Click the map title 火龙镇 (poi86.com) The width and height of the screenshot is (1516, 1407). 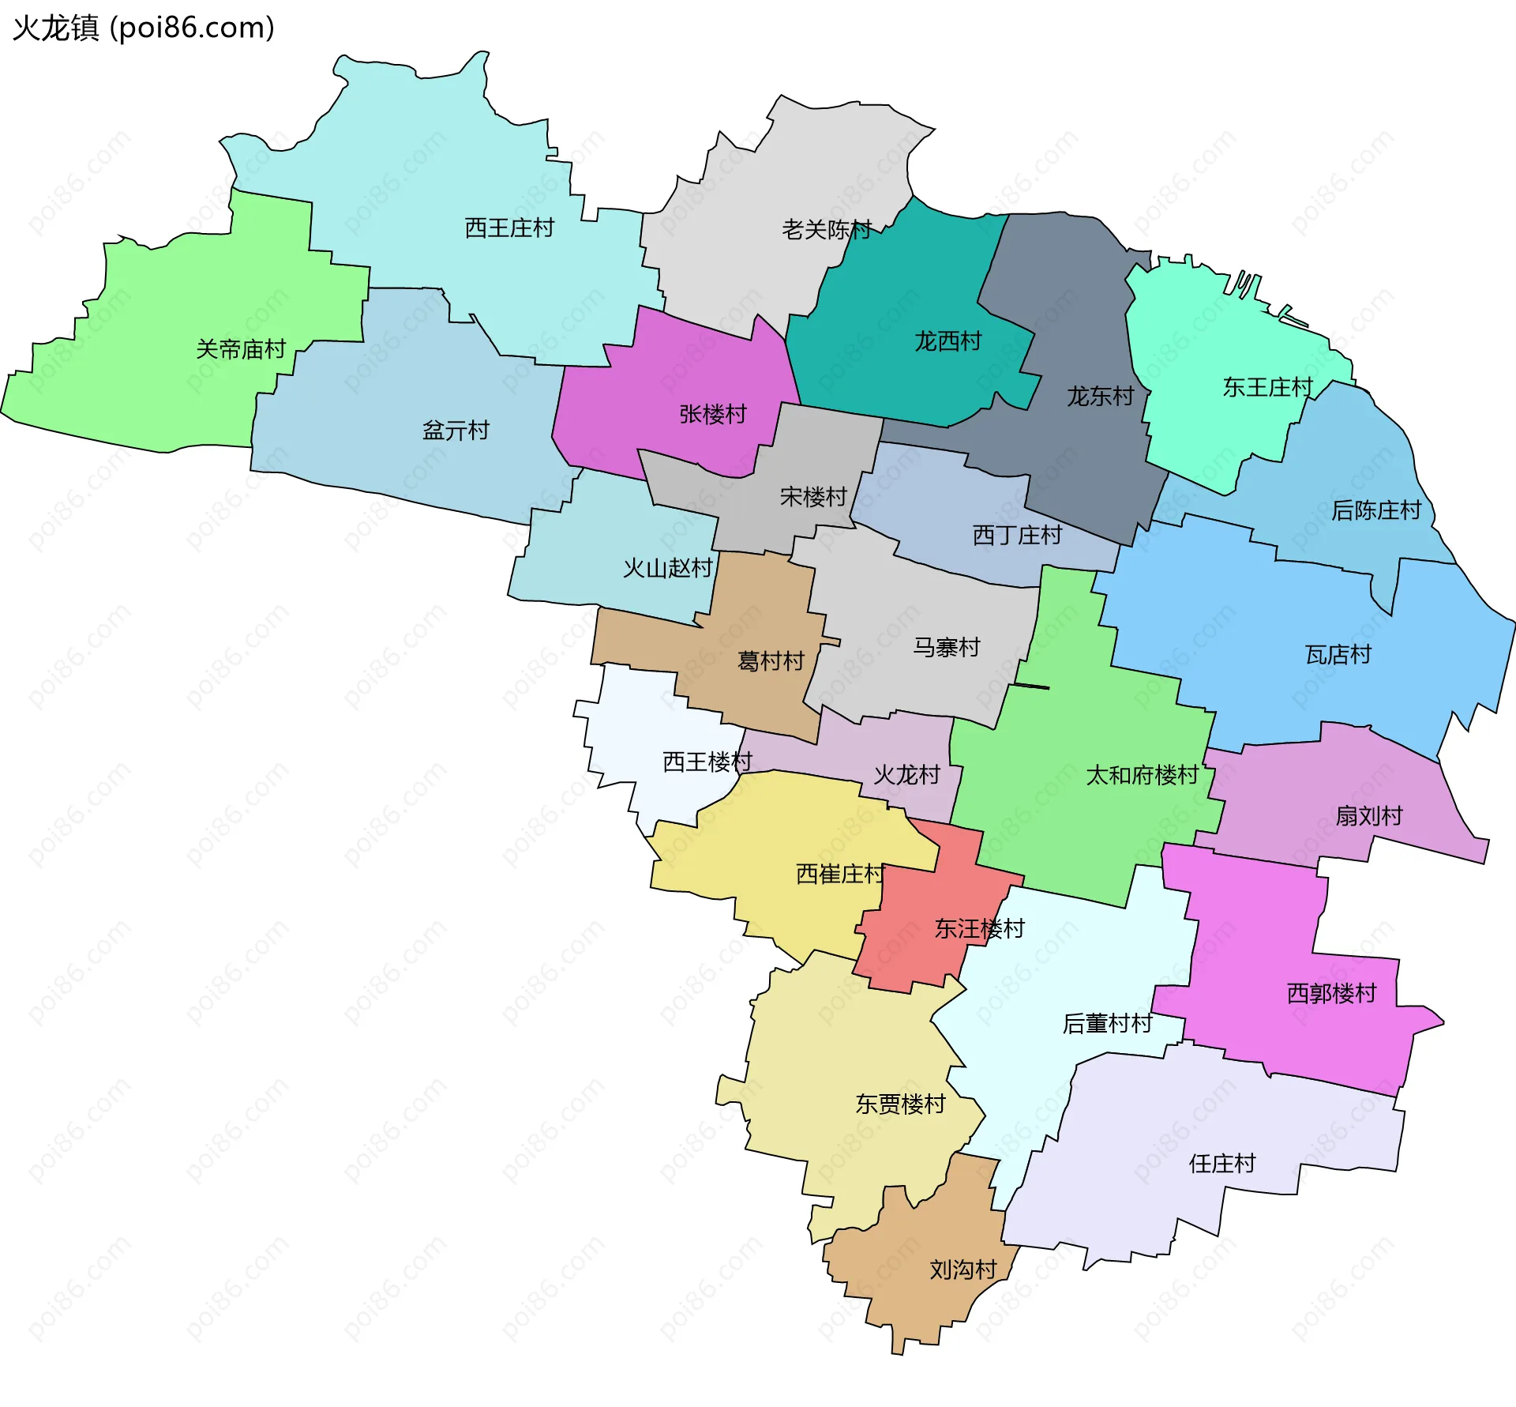[144, 28]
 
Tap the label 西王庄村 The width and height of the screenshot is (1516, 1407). [509, 228]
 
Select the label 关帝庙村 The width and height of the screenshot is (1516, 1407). [241, 349]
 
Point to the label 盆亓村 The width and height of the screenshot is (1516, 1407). [456, 431]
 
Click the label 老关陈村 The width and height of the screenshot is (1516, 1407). [827, 230]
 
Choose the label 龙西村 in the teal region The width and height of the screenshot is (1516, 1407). [947, 341]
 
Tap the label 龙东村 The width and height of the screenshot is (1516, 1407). [1100, 396]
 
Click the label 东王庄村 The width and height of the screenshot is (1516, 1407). [1267, 387]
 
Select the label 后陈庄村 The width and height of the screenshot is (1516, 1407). [1376, 510]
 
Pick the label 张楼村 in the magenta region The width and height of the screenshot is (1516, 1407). [713, 414]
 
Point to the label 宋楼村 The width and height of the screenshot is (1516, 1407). [813, 497]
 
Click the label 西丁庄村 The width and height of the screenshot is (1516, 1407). [1017, 536]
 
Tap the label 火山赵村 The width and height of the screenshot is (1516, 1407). [667, 568]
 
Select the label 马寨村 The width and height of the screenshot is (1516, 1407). [947, 648]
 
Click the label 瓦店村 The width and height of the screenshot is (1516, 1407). [1338, 655]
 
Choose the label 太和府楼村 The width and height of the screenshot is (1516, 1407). [1143, 776]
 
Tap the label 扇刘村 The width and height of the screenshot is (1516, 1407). [1369, 816]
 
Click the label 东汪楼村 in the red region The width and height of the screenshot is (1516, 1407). [979, 928]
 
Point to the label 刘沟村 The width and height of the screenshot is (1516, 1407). [963, 1270]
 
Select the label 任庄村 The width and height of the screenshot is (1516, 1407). [1222, 1164]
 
